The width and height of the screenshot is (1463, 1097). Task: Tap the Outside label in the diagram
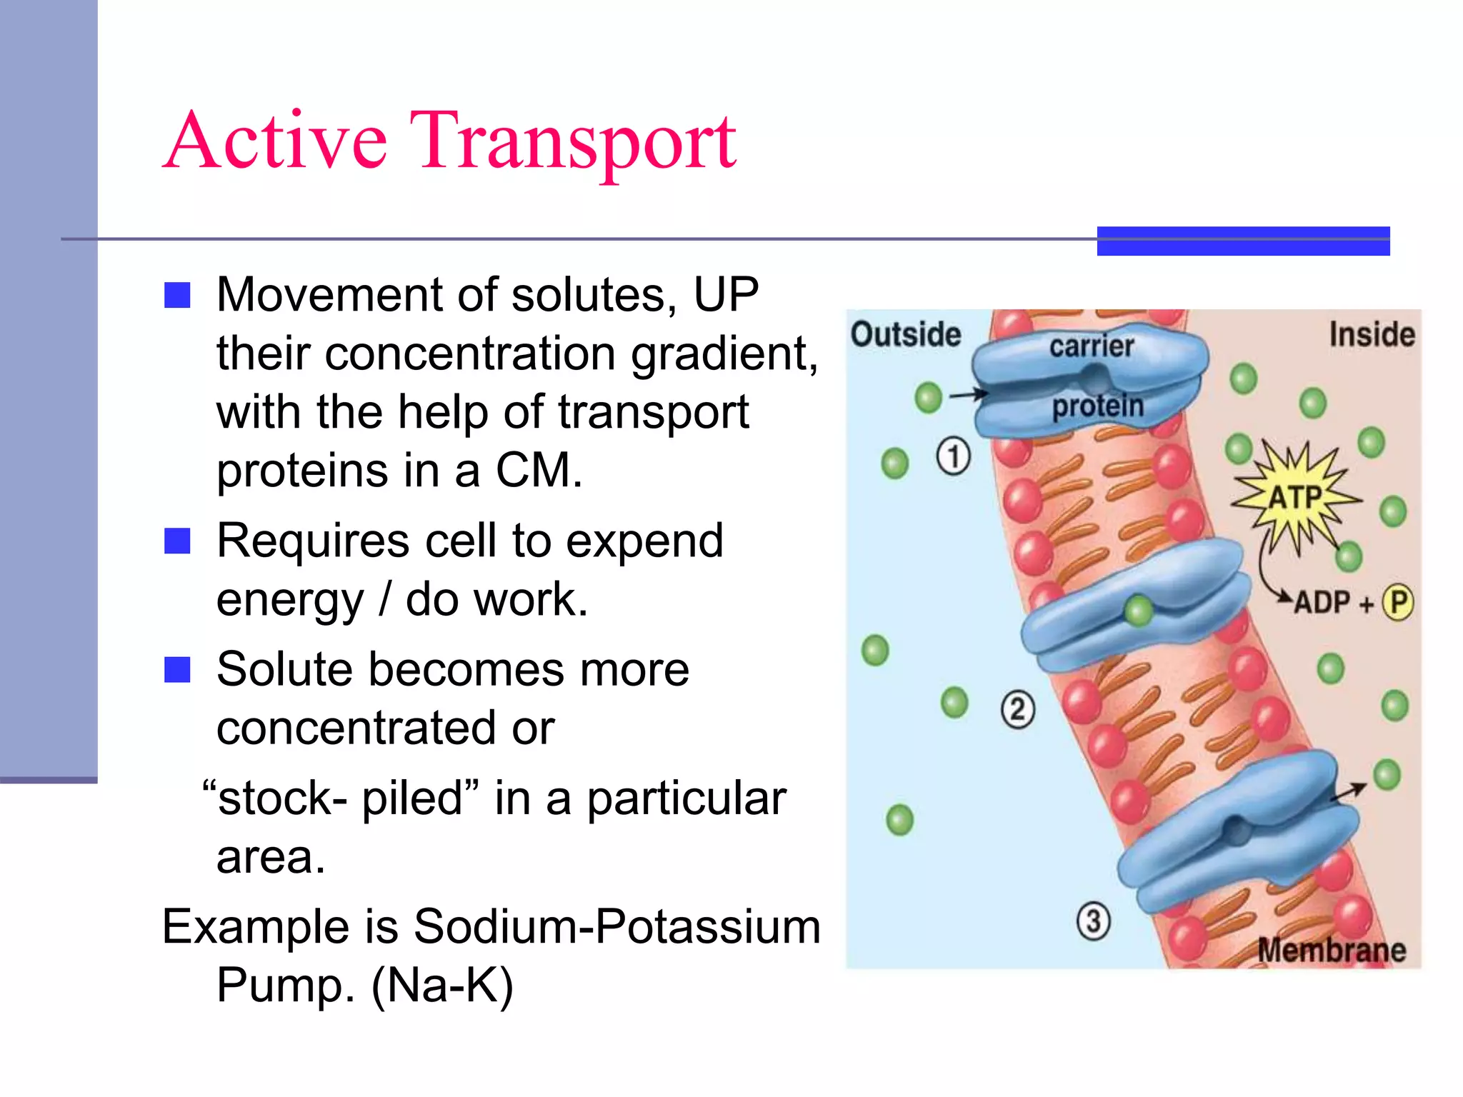[x=905, y=334]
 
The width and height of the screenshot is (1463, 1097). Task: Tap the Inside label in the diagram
[x=1372, y=334]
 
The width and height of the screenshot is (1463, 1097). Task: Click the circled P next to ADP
[x=1397, y=602]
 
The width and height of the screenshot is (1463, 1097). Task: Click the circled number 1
[x=953, y=456]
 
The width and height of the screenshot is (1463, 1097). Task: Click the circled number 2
[x=1017, y=709]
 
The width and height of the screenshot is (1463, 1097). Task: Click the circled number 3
[x=1093, y=921]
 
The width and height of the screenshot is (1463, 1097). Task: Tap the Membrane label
[x=1332, y=951]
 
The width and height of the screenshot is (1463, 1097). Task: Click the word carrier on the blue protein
[x=1091, y=346]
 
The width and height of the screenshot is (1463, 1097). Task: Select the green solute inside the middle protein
[x=1138, y=611]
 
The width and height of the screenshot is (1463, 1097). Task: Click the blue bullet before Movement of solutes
[x=177, y=295]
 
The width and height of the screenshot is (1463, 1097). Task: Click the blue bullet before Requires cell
[x=177, y=541]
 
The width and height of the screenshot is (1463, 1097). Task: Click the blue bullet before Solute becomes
[x=177, y=670]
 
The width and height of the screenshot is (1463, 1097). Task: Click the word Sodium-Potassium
[x=616, y=926]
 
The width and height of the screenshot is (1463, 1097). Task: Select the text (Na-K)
[x=442, y=986]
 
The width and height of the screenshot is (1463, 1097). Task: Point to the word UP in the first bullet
[x=726, y=294]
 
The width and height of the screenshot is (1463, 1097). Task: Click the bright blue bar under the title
[x=1243, y=241]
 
